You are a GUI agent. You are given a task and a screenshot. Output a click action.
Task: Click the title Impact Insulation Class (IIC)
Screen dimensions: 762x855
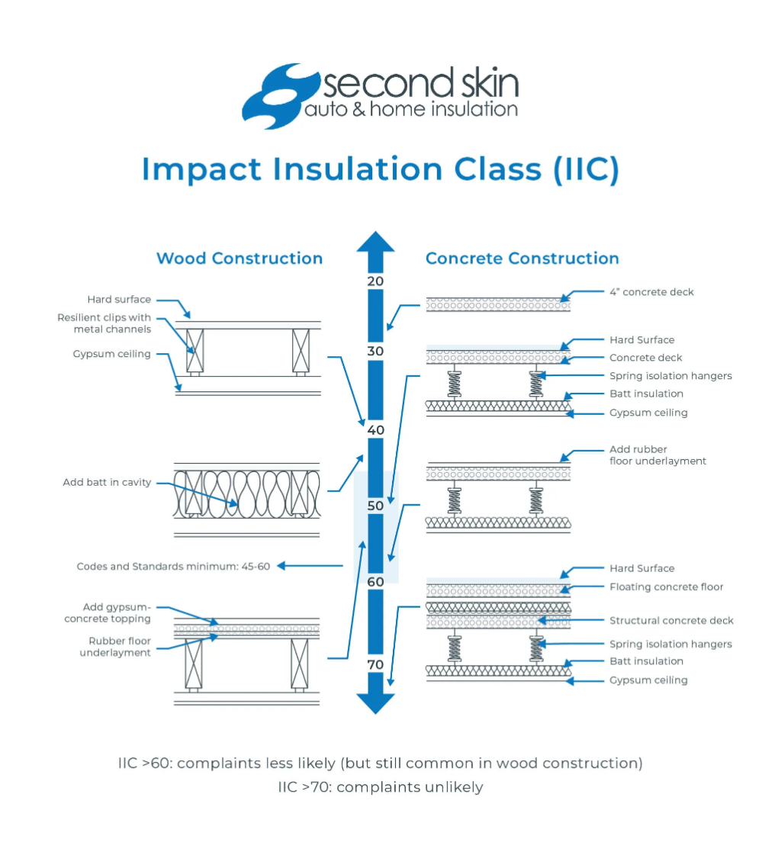coord(380,169)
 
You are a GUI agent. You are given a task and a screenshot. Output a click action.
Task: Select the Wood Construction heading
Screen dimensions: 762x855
coord(240,258)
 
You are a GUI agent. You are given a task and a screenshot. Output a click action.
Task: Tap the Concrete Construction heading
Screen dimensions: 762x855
coord(522,258)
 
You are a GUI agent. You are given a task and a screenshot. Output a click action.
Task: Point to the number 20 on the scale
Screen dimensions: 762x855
coord(375,281)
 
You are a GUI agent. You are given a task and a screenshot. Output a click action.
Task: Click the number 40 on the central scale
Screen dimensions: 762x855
coord(375,429)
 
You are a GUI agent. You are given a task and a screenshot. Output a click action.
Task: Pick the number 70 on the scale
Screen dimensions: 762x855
coord(375,664)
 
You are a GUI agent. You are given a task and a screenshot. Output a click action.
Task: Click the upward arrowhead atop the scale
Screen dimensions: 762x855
coord(375,243)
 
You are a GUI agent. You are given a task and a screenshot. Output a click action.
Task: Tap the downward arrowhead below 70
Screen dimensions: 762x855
coord(375,703)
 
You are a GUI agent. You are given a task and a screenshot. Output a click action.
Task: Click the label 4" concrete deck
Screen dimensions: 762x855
coord(651,291)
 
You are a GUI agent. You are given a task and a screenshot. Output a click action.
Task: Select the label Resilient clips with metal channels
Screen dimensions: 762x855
coord(104,323)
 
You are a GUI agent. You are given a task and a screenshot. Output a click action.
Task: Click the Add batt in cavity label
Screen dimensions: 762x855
coord(107,482)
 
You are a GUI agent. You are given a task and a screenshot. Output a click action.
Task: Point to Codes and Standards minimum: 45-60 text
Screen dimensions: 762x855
coord(173,566)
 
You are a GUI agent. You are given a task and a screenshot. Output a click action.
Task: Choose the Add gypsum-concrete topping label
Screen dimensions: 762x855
coord(108,613)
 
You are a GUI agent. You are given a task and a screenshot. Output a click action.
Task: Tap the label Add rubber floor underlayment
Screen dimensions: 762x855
coord(658,455)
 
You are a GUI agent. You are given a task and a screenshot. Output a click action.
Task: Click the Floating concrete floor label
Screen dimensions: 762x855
coord(666,587)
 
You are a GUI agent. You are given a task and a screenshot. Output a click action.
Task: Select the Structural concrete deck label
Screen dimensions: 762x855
coord(671,621)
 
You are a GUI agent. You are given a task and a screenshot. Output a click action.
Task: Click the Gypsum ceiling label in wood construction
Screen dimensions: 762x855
coord(112,354)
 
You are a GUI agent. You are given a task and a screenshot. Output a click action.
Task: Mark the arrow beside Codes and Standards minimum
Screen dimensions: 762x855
coord(310,566)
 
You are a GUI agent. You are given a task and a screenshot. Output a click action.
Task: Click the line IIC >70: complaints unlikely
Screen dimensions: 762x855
coord(380,787)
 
